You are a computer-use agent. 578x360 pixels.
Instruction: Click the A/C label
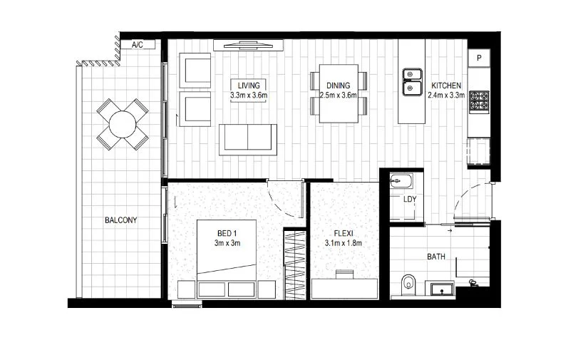(138, 45)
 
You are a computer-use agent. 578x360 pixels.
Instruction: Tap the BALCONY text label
(120, 220)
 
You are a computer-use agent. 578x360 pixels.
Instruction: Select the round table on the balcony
(123, 125)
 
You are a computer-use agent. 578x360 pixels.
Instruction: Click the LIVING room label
(249, 85)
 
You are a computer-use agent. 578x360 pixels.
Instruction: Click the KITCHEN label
(446, 85)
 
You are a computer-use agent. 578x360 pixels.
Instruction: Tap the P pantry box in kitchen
(480, 58)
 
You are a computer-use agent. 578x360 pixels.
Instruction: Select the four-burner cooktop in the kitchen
(478, 101)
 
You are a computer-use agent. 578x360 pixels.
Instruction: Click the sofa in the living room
(248, 138)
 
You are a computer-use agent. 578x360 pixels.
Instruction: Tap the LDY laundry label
(410, 199)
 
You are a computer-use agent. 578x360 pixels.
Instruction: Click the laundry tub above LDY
(402, 181)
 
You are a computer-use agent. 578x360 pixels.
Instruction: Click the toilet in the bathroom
(408, 283)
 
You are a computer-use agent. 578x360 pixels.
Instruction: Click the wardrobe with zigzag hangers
(294, 264)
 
